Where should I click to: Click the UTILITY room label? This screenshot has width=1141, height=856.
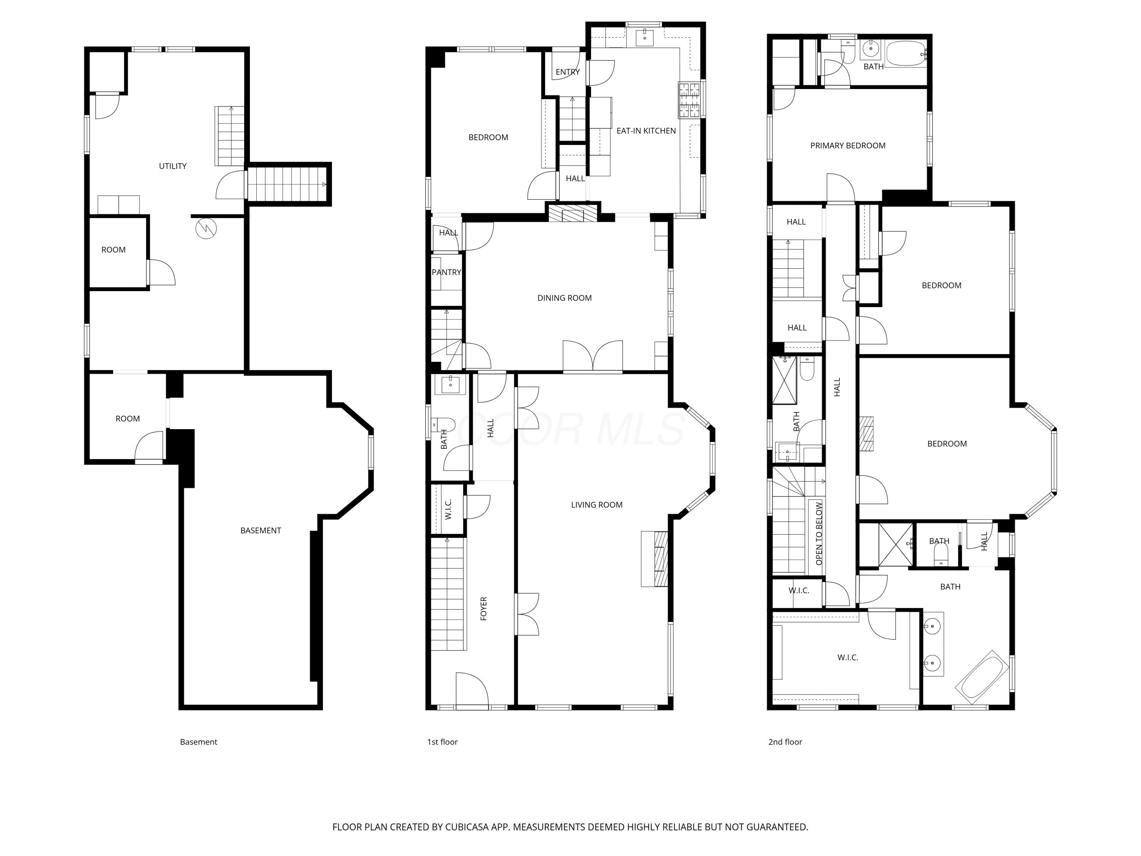(x=172, y=166)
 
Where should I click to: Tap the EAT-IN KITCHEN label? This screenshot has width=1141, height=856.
(x=646, y=131)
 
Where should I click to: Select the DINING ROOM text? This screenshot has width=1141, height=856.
(x=564, y=298)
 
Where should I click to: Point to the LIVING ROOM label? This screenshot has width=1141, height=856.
(x=596, y=504)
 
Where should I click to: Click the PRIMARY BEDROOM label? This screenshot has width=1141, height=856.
(x=847, y=145)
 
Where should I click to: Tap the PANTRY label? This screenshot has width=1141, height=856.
(x=446, y=272)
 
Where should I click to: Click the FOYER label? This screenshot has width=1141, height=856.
(x=483, y=608)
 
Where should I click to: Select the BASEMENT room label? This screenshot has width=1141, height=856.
(x=261, y=530)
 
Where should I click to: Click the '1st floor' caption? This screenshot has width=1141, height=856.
(x=442, y=742)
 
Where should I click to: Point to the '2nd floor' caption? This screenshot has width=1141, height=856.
(x=785, y=742)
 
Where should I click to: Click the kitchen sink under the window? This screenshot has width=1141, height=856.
(x=644, y=37)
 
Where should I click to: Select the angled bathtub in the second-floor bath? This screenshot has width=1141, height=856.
(x=982, y=677)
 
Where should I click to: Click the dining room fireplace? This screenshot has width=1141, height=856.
(x=572, y=213)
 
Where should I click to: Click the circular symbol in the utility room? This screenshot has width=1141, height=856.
(x=206, y=229)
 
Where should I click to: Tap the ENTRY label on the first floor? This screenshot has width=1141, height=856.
(x=567, y=72)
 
